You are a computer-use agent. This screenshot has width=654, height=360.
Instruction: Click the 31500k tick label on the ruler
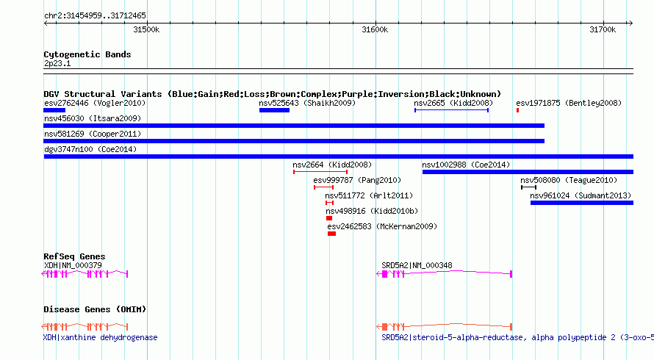pyautogui.click(x=146, y=29)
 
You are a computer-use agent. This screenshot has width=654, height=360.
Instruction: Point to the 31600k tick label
pyautogui.click(x=375, y=29)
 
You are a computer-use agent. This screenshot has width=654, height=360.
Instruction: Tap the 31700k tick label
pyautogui.click(x=603, y=29)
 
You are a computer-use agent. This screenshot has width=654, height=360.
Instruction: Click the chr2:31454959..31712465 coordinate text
pyautogui.click(x=95, y=15)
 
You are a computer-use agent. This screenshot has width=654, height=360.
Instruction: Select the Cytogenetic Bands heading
pyautogui.click(x=87, y=54)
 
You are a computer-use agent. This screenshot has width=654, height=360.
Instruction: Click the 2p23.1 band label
pyautogui.click(x=57, y=64)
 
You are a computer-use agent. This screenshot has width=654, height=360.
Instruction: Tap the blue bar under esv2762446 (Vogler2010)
pyautogui.click(x=54, y=110)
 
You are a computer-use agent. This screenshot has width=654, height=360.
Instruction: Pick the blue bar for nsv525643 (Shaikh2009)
pyautogui.click(x=274, y=110)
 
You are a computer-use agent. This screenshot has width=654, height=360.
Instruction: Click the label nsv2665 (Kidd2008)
pyautogui.click(x=453, y=103)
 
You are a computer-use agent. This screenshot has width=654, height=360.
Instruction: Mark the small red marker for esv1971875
pyautogui.click(x=517, y=110)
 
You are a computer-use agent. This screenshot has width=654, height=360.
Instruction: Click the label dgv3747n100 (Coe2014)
pyautogui.click(x=90, y=149)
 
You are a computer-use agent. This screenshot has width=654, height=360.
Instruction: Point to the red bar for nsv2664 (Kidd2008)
pyautogui.click(x=320, y=172)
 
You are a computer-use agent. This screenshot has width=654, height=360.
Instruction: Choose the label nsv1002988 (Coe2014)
pyautogui.click(x=466, y=165)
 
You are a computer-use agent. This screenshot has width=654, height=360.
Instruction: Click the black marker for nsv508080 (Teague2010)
pyautogui.click(x=528, y=187)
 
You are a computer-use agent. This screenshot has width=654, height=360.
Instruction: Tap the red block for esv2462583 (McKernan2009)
pyautogui.click(x=331, y=234)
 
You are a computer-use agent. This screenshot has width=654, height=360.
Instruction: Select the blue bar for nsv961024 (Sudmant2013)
pyautogui.click(x=581, y=202)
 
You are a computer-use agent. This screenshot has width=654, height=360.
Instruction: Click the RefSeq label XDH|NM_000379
pyautogui.click(x=73, y=265)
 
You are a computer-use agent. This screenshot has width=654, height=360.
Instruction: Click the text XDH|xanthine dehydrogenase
pyautogui.click(x=101, y=337)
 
